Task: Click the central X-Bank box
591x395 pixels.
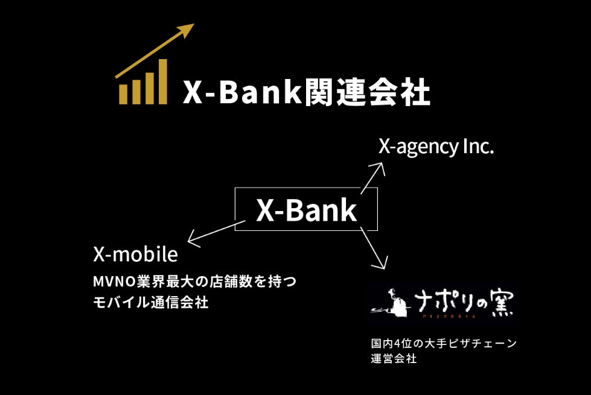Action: [306, 209]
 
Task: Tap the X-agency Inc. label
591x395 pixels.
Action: [436, 147]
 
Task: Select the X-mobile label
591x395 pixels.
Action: [135, 254]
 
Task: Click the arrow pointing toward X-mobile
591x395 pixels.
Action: [214, 232]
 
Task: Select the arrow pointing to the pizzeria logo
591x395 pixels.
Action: [373, 248]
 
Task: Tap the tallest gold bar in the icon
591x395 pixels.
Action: [161, 81]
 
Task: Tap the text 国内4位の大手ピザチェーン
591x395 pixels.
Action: [444, 344]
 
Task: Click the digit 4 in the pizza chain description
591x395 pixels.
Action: [397, 344]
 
